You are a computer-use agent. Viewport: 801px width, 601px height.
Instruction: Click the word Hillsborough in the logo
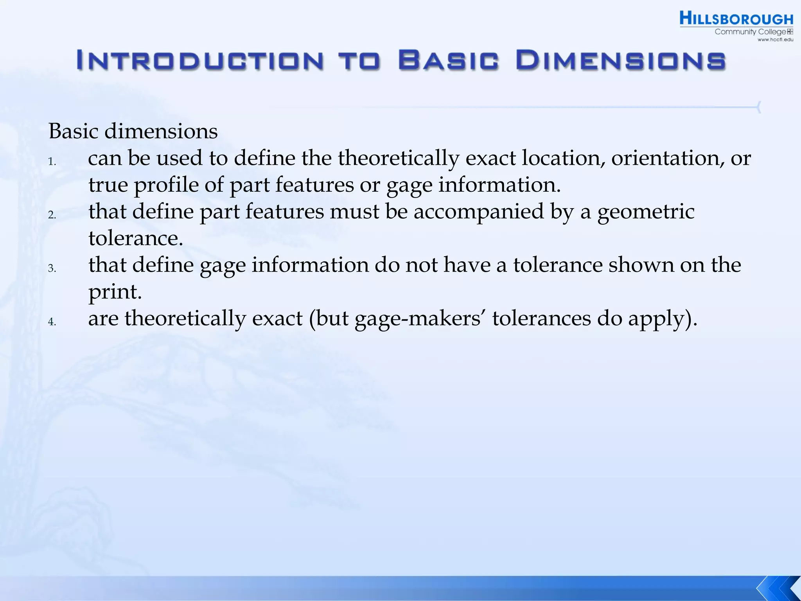click(736, 19)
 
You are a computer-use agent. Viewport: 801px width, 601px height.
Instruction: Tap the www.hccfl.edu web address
click(775, 40)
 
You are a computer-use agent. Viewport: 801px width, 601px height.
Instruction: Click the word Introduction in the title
click(200, 61)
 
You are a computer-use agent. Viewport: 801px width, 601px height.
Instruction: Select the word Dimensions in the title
click(621, 61)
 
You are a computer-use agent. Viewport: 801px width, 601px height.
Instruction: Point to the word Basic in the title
click(449, 61)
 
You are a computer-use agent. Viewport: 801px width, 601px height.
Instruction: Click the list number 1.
click(52, 162)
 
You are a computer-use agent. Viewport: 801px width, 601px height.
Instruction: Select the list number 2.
click(52, 215)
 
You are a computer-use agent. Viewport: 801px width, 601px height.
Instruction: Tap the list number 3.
click(52, 268)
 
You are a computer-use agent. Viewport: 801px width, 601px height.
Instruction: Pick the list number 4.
click(52, 322)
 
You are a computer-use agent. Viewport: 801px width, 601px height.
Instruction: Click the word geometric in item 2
click(646, 212)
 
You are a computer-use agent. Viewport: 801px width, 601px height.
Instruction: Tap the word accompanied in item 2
click(479, 212)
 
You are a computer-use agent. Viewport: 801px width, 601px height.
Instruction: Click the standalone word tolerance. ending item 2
click(136, 238)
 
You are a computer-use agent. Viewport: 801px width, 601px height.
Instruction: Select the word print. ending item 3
click(115, 292)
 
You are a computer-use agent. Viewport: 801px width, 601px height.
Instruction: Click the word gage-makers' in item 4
click(420, 318)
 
